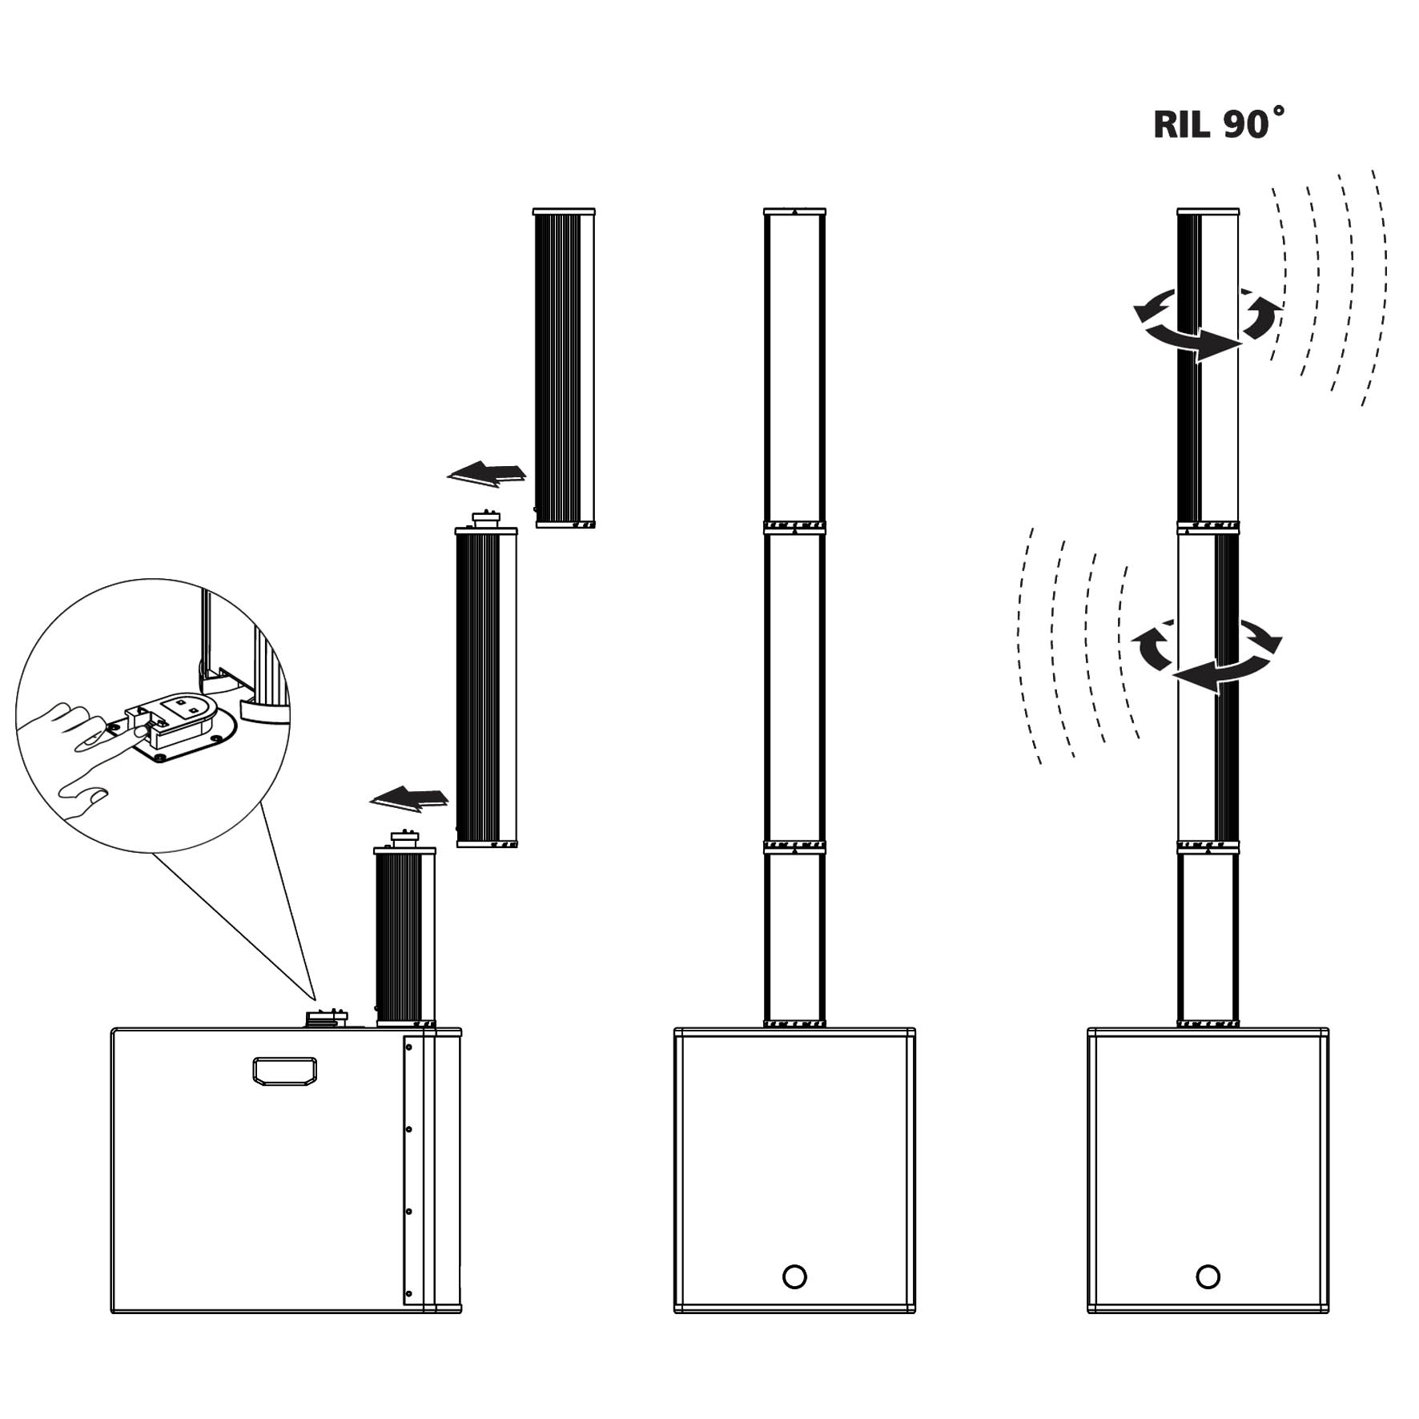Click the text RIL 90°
point(1217,124)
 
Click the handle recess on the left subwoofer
point(284,1071)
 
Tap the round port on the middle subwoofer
point(794,1276)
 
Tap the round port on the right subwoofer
point(1207,1276)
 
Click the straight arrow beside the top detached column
point(487,473)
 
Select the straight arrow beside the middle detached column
point(409,798)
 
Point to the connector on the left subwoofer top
point(326,1018)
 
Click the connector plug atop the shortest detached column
point(404,838)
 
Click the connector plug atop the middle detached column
point(486,518)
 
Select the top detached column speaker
point(564,368)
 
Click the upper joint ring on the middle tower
point(794,527)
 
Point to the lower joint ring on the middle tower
point(794,847)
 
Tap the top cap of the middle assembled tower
point(794,211)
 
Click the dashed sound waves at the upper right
point(1329,288)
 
